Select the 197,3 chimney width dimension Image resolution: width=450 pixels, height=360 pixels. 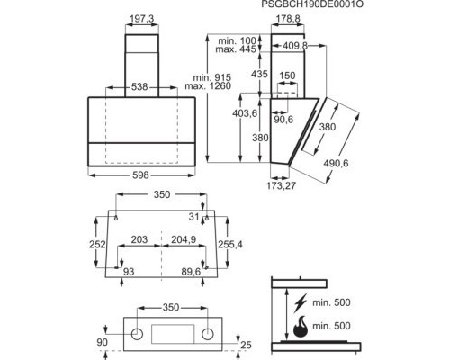point(143,19)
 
